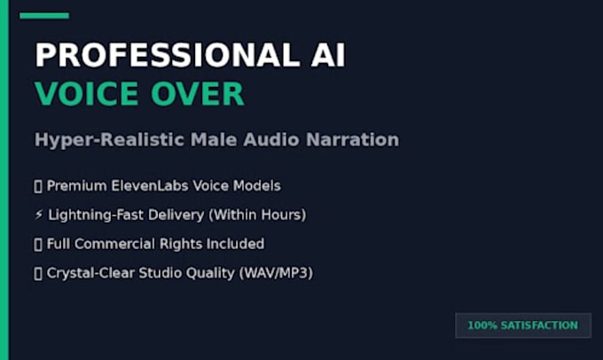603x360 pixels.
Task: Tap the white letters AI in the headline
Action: point(328,55)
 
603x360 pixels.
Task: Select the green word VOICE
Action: point(87,93)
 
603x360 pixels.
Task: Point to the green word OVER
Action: point(198,93)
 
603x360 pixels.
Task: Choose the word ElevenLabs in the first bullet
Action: point(150,186)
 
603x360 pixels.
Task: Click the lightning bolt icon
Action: point(39,215)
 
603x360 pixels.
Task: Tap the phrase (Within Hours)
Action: point(257,215)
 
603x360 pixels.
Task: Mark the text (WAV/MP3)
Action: point(276,273)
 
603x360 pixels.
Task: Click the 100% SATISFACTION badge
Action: point(523,325)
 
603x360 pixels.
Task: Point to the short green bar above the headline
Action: point(44,16)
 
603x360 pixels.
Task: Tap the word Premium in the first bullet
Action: point(77,186)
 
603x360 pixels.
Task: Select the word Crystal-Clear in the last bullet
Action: point(90,273)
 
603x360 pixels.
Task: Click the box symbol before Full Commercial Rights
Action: point(38,244)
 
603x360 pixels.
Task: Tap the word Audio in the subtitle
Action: point(271,139)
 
